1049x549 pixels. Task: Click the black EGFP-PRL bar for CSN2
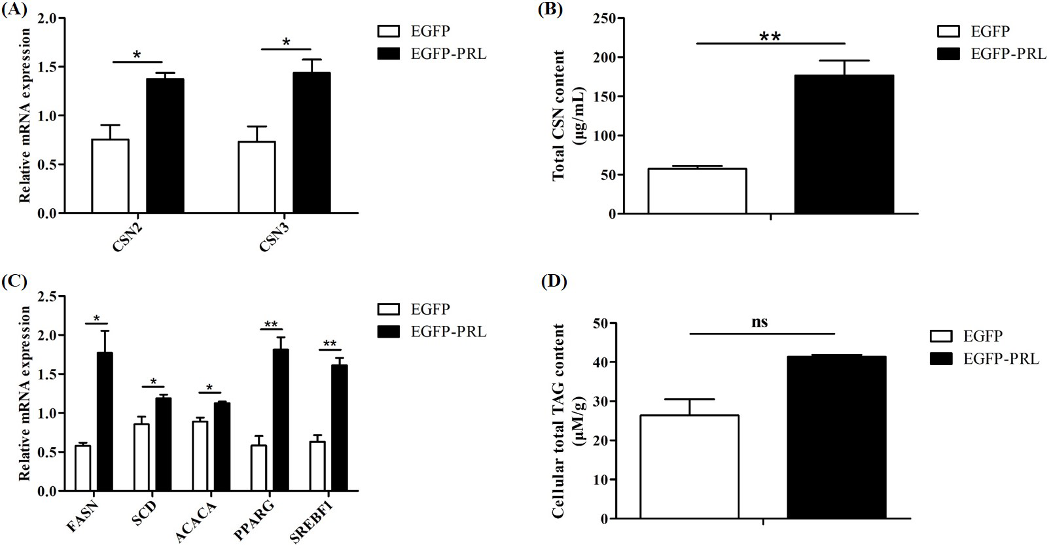pos(165,145)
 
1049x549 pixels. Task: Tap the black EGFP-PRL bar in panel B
pos(844,145)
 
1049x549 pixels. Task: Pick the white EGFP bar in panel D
pos(689,467)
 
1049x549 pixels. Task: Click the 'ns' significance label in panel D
pos(759,322)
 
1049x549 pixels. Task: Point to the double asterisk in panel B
pos(770,36)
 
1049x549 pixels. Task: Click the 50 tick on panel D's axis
pos(599,323)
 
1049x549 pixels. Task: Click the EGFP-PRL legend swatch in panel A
pos(389,54)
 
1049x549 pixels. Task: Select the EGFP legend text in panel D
pos(983,336)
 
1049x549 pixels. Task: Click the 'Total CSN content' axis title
pos(560,116)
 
